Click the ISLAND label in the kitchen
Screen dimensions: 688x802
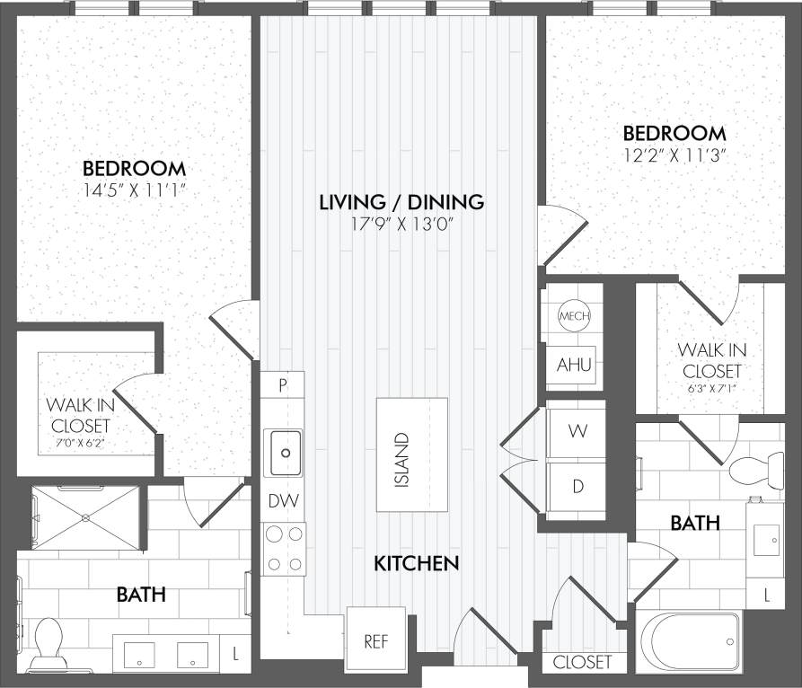tap(401, 460)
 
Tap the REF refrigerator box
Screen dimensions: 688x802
tap(376, 641)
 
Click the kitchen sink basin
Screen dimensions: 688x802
tap(285, 452)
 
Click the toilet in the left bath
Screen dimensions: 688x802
tap(48, 644)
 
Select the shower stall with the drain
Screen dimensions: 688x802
tap(85, 517)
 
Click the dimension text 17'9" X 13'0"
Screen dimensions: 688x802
tap(401, 224)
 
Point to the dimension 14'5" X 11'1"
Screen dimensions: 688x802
tap(134, 190)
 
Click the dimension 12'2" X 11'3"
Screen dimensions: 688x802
tap(674, 154)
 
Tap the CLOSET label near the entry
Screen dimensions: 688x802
tap(582, 662)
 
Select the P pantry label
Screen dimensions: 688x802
tap(283, 385)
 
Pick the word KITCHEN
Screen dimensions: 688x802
tap(417, 563)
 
